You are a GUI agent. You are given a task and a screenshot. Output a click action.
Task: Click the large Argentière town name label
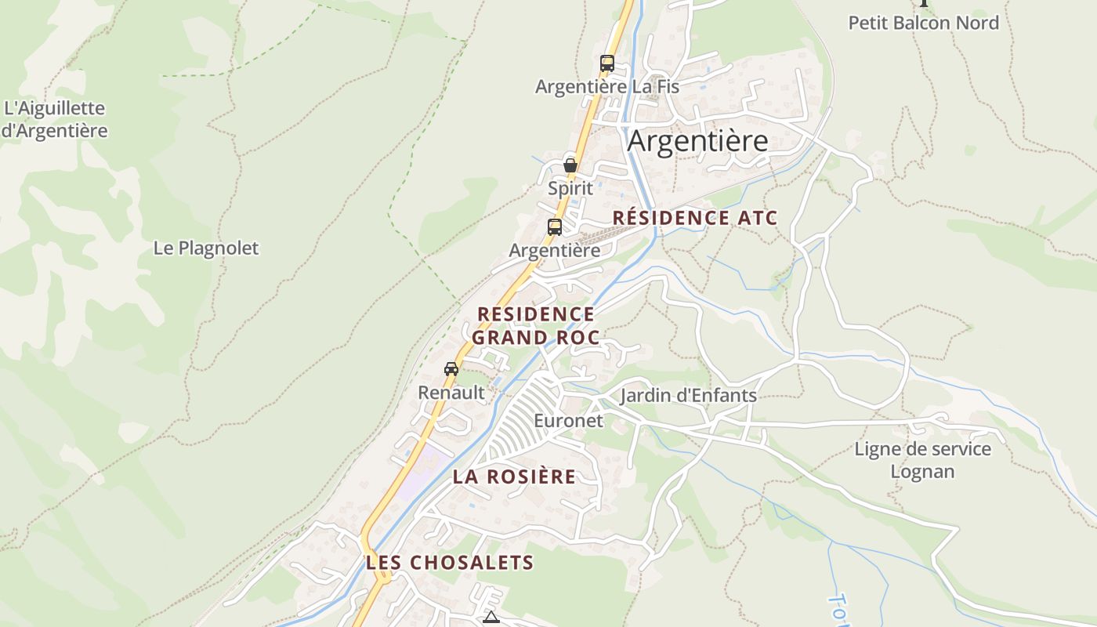coord(697,141)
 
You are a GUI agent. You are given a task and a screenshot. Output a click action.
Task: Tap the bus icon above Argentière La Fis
coord(607,63)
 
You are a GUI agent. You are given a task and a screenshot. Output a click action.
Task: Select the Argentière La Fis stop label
coord(607,86)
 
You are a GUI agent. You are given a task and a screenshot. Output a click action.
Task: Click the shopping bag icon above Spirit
coord(570,165)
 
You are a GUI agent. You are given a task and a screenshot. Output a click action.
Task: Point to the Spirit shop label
coord(570,188)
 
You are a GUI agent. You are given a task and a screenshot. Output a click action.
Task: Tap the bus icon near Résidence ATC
coord(555,227)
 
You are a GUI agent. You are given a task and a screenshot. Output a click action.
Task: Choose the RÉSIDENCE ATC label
coord(695,218)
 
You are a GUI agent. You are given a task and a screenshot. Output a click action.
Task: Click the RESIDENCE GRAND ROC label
coord(536,325)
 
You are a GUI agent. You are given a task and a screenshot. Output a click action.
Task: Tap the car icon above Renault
coord(451,369)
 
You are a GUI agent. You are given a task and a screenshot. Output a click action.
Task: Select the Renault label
coord(451,392)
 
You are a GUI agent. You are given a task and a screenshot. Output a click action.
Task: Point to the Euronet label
coord(569,421)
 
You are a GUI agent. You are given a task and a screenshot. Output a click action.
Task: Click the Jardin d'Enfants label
coord(689,395)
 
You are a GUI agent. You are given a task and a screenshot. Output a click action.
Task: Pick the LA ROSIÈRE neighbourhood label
coord(514,477)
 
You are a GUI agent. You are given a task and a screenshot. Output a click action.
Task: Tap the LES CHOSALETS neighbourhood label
coord(450,562)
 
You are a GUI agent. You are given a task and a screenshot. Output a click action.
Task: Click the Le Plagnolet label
coord(206,248)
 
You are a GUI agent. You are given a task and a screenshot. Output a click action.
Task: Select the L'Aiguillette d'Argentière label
coord(54,119)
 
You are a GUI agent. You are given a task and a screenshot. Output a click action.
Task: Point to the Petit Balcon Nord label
coord(924,23)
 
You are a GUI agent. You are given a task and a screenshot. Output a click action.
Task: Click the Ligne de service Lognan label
coord(923,460)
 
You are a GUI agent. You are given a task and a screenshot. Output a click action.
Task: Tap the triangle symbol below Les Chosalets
coord(491,618)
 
